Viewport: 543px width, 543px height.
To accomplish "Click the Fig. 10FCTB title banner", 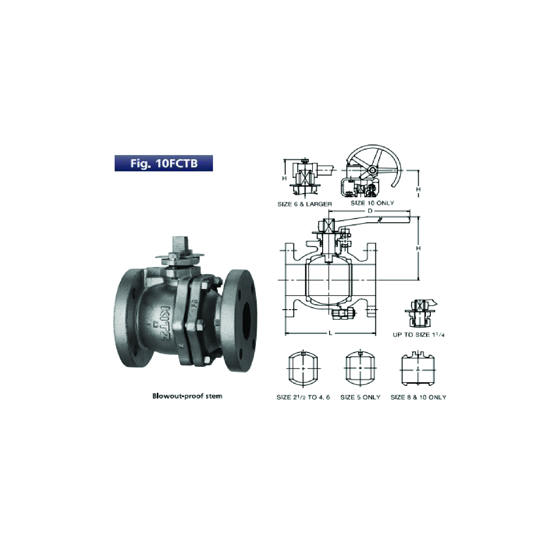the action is click(x=164, y=163).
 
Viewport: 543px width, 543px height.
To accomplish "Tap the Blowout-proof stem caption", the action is click(x=187, y=396).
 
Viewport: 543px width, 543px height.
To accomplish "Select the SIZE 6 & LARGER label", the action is click(x=305, y=204).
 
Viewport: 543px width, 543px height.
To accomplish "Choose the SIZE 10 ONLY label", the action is click(x=373, y=203).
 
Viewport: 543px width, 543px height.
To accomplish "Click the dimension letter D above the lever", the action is click(x=370, y=211).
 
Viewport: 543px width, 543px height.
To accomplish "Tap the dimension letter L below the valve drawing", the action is click(x=331, y=333).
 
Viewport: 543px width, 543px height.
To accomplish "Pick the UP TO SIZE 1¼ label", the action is click(x=419, y=335).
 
